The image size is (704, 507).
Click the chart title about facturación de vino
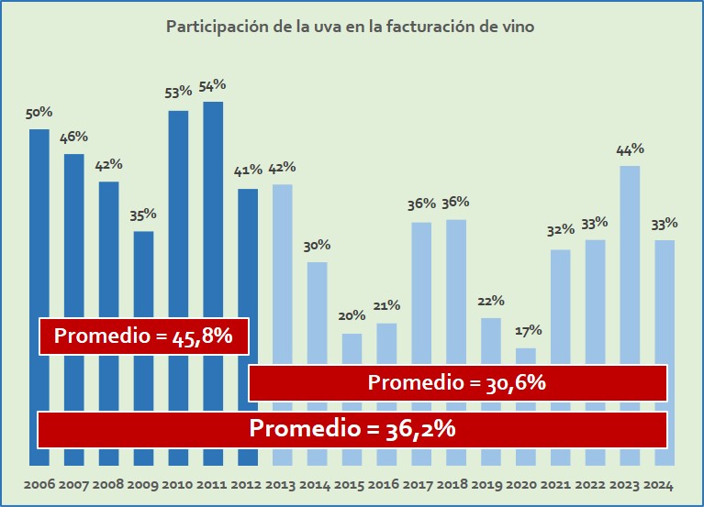pyautogui.click(x=350, y=26)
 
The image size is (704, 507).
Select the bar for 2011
pyautogui.click(x=213, y=211)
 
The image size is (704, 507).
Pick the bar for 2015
pyautogui.click(x=352, y=347)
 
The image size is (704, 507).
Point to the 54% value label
pyautogui.click(x=213, y=85)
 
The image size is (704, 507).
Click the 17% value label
pyautogui.click(x=528, y=330)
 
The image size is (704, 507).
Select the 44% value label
pyautogui.click(x=631, y=149)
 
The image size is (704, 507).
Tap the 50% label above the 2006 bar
pyautogui.click(x=39, y=112)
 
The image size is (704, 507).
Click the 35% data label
pyautogui.click(x=143, y=214)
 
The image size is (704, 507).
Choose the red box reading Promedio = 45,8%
pyautogui.click(x=144, y=336)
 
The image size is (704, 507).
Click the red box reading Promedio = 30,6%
pyautogui.click(x=457, y=382)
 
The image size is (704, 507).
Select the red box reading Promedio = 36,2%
pyautogui.click(x=352, y=428)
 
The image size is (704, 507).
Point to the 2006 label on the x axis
pyautogui.click(x=39, y=485)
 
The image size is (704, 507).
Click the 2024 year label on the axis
pyautogui.click(x=659, y=485)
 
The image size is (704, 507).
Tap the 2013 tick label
pyautogui.click(x=281, y=485)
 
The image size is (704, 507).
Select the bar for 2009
pyautogui.click(x=143, y=275)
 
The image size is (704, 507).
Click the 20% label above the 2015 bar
pyautogui.click(x=352, y=315)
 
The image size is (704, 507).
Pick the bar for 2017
pyautogui.click(x=421, y=284)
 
